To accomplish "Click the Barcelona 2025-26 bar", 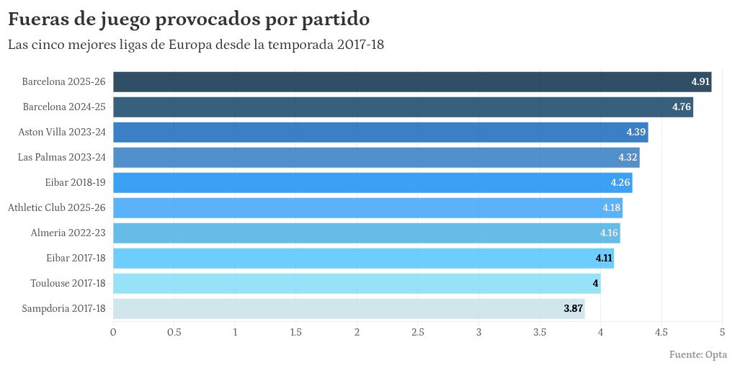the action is (x=412, y=82).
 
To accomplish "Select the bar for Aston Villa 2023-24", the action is (x=380, y=133).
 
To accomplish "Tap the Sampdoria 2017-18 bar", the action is (x=349, y=309).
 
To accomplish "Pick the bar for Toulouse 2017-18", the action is (x=357, y=284).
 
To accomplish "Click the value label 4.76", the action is (x=682, y=107).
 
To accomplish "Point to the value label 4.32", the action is (x=628, y=157).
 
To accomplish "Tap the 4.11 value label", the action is (x=604, y=259).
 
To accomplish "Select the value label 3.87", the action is (x=573, y=309).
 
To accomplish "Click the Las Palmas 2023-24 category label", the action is (x=62, y=157).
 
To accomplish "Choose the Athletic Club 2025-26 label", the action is (x=57, y=208).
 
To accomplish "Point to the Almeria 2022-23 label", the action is (x=68, y=233).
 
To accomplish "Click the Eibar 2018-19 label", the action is (x=76, y=183).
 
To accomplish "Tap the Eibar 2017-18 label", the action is (x=76, y=259).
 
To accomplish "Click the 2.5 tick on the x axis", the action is (x=418, y=333).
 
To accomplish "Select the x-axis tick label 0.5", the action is (x=174, y=333).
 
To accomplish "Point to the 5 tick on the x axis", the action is (x=722, y=333).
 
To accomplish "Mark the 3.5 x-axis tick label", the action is (x=540, y=333).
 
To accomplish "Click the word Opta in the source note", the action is (x=716, y=355).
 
